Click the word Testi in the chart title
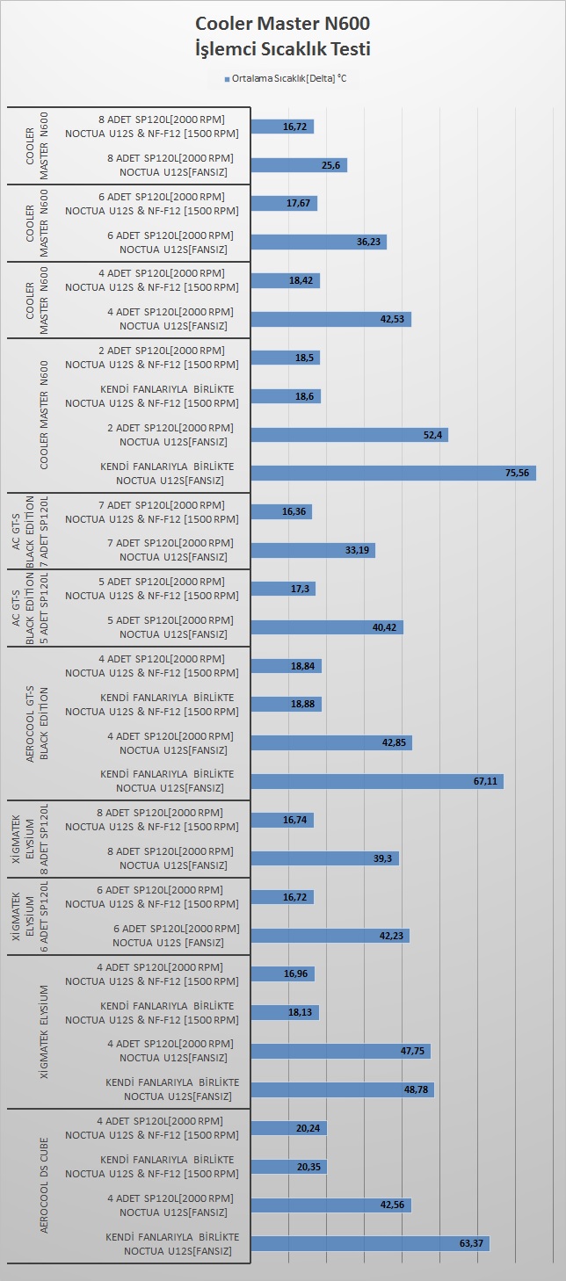pos(346,48)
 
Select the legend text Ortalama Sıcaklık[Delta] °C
pos(289,78)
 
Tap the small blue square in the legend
pos(228,79)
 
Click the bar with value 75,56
pos(393,473)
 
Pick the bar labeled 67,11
pos(377,781)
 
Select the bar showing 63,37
pos(370,1243)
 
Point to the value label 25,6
pos(330,165)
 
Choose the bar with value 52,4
pos(349,435)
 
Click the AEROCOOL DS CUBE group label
pos(44,1185)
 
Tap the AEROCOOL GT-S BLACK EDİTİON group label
pos(37,723)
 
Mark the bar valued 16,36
pos(281,512)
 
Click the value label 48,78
pos(416,1089)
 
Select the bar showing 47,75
pos(340,1051)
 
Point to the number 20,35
pos(308,1167)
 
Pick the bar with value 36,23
pos(319,242)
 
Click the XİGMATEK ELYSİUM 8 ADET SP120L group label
pos(30,839)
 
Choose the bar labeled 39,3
pos(324,858)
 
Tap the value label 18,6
pos(304,396)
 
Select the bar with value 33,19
pos(313,550)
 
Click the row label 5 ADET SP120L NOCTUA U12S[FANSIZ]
pos(171,627)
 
